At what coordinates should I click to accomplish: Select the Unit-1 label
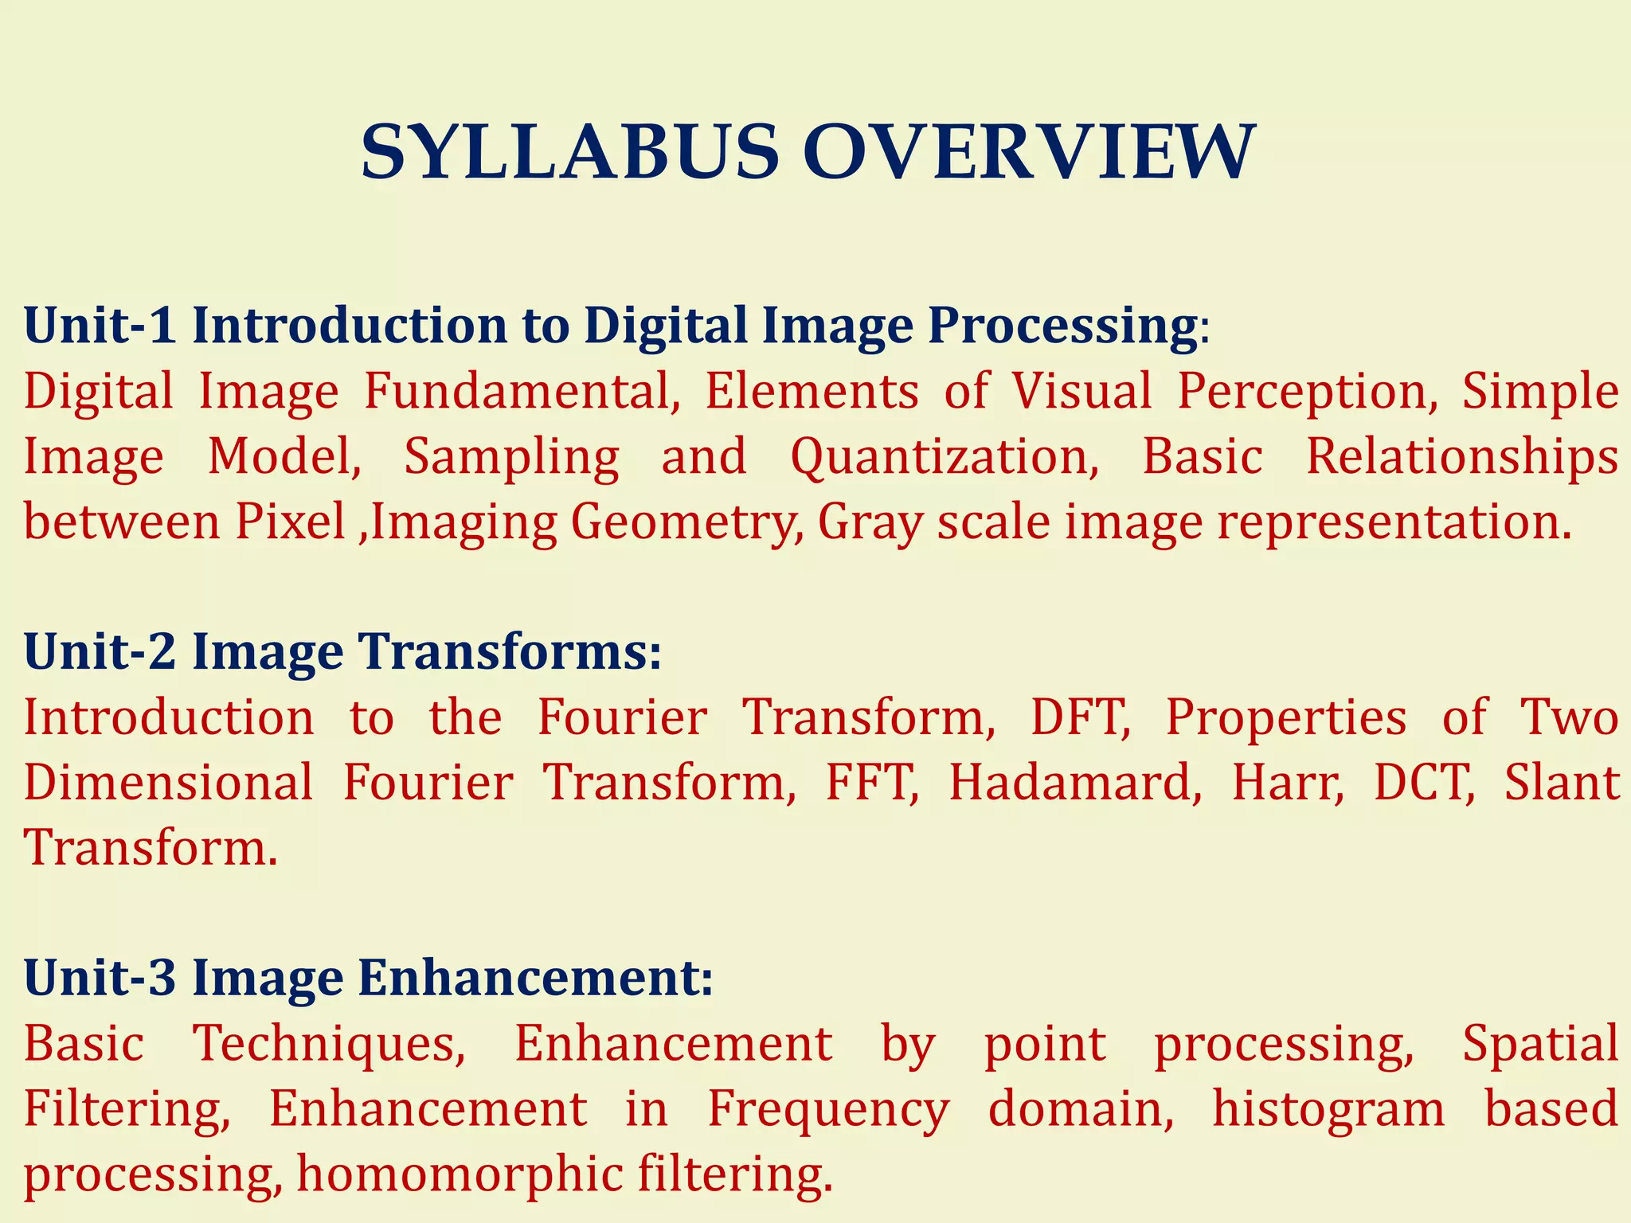[x=100, y=326]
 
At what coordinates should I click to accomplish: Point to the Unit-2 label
[x=100, y=651]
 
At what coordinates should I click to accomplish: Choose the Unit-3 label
[x=100, y=977]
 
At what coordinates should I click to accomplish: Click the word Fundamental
[x=522, y=391]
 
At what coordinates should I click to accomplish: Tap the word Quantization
[x=945, y=457]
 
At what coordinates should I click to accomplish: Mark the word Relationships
[x=1462, y=456]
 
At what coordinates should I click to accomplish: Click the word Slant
[x=1562, y=782]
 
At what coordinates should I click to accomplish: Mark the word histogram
[x=1328, y=1109]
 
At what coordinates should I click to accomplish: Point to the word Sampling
[x=511, y=457]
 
